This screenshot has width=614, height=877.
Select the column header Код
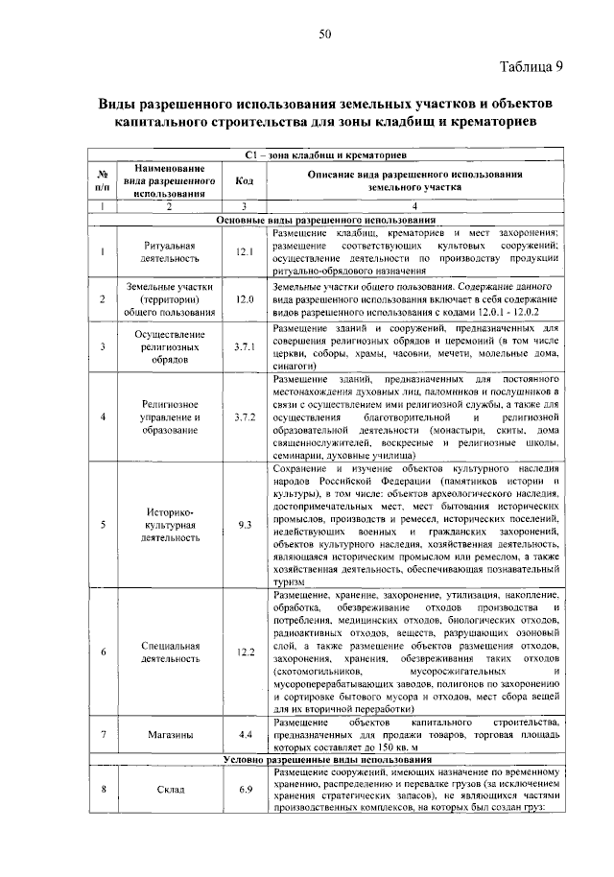244,180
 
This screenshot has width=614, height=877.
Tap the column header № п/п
102,180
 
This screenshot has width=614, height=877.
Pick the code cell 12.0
244,299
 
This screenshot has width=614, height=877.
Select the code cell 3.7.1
244,346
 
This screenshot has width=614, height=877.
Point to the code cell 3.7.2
244,417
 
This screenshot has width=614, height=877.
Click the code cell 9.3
244,525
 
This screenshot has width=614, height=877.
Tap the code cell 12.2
244,652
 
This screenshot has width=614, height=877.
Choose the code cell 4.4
244,734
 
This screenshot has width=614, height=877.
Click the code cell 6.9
244,789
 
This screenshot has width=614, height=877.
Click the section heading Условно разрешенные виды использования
326,759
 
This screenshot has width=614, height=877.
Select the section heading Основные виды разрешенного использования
326,220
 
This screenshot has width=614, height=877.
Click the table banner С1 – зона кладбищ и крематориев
326,154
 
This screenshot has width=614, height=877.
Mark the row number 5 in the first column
102,525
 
